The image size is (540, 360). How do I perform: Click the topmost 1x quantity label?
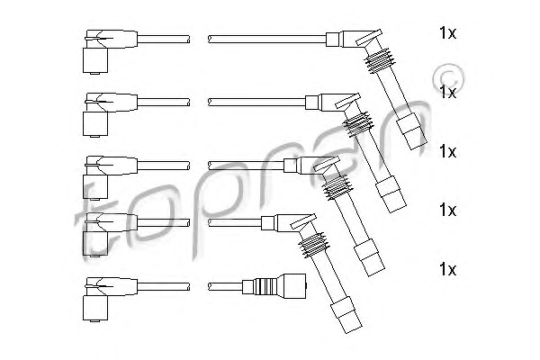pyautogui.click(x=447, y=33)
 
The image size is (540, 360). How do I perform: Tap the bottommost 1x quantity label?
pyautogui.click(x=447, y=269)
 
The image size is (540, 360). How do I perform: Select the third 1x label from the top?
pyautogui.click(x=447, y=151)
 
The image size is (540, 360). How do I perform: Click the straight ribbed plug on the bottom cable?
pyautogui.click(x=274, y=285)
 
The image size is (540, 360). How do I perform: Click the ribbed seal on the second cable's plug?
pyautogui.click(x=358, y=123)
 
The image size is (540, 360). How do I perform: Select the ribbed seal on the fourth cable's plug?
pyautogui.click(x=313, y=244)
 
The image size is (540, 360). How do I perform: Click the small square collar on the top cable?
pyautogui.click(x=333, y=40)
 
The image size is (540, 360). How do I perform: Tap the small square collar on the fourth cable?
pyautogui.click(x=267, y=223)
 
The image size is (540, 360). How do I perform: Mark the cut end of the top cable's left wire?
pyautogui.click(x=188, y=39)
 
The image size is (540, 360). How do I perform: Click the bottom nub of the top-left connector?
pyautogui.click(x=95, y=73)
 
